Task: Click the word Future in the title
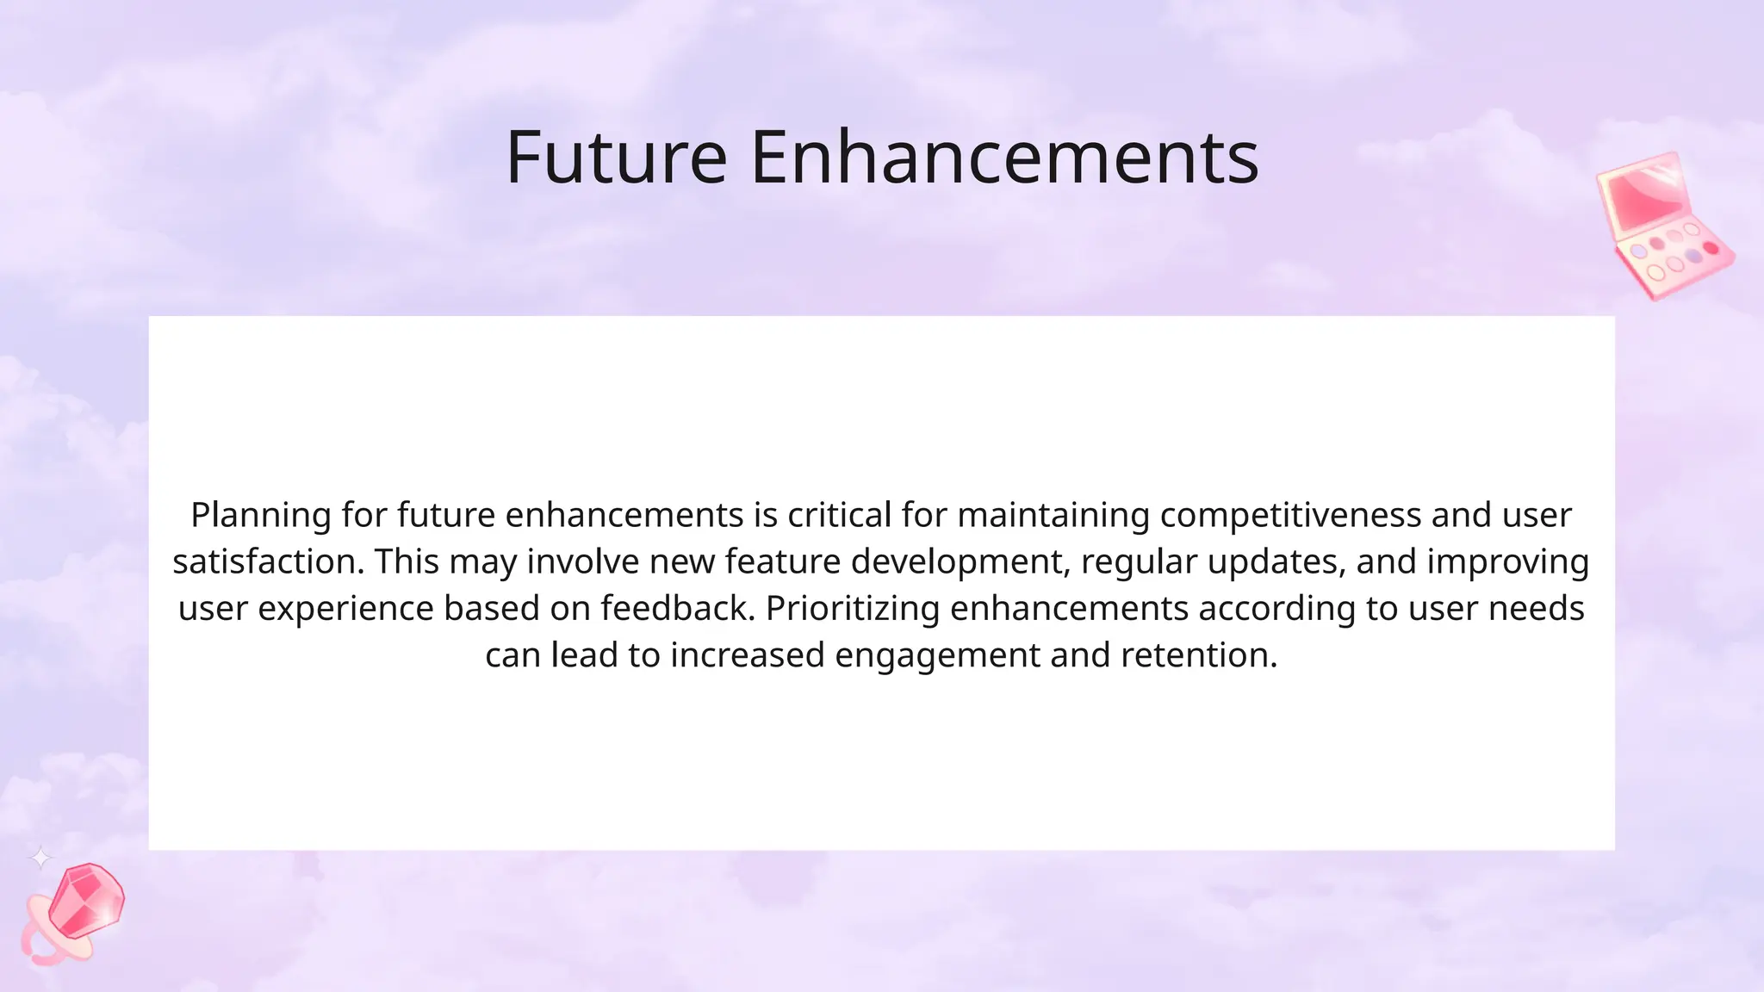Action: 616,158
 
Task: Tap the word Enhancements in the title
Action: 1004,158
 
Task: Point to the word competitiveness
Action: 1290,516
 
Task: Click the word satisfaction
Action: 268,562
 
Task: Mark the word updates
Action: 1276,562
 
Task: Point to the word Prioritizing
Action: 852,609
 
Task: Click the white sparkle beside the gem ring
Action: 40,857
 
